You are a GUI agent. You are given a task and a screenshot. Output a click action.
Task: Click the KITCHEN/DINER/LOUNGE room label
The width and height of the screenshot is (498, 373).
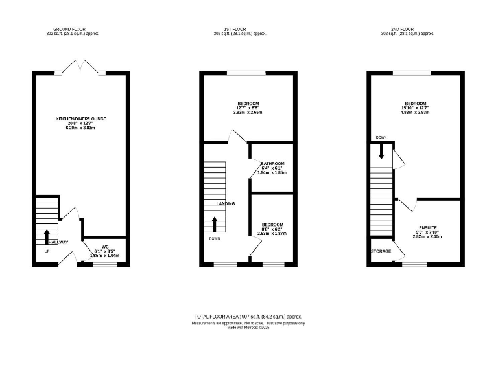tap(80, 119)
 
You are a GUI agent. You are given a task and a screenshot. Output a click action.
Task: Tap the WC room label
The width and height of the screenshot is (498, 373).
tap(104, 247)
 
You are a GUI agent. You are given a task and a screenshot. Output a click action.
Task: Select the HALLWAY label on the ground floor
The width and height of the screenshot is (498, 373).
tap(57, 242)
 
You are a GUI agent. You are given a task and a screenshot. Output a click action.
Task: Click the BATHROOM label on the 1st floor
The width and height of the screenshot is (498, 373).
tap(272, 164)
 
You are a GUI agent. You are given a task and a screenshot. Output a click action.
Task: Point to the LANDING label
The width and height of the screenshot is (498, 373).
tap(226, 203)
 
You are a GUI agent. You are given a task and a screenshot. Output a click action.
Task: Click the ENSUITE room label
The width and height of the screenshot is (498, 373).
tap(427, 228)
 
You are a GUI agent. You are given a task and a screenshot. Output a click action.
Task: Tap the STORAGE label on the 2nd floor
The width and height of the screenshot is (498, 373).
tap(381, 251)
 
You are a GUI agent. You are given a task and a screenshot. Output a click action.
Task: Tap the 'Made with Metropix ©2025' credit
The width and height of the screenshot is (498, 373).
tap(248, 327)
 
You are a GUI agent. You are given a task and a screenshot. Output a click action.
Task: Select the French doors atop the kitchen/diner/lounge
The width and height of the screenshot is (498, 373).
tap(80, 67)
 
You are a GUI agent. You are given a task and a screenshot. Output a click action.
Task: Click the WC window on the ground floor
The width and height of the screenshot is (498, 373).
tap(104, 264)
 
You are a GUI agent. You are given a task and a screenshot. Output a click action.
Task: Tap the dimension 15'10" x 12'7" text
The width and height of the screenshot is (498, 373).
tap(416, 108)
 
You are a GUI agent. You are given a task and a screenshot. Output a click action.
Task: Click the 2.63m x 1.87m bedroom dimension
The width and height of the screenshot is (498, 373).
tap(272, 233)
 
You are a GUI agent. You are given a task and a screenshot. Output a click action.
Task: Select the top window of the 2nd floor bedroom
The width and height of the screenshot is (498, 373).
tap(414, 73)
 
